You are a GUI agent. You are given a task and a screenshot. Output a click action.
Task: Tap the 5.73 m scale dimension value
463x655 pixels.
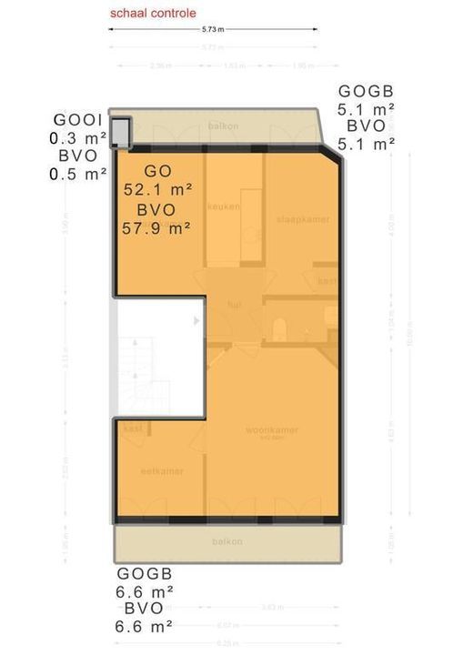[x=213, y=29]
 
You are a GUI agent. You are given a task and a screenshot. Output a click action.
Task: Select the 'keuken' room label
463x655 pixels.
[x=222, y=207]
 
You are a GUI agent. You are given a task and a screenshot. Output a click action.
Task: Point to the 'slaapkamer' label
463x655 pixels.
[x=303, y=219]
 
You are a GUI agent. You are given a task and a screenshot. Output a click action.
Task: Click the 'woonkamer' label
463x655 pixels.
[x=272, y=430]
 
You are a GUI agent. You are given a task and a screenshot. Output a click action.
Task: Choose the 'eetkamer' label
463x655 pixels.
[x=162, y=471]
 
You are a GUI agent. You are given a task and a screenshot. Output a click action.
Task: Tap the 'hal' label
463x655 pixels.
[x=236, y=304]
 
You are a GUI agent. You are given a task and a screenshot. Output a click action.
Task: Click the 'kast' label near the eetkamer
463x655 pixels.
[x=132, y=428]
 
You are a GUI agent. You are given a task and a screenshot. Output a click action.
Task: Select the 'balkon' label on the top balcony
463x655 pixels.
[x=223, y=126]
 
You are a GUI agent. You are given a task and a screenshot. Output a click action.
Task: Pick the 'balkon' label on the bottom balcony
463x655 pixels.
[x=226, y=541]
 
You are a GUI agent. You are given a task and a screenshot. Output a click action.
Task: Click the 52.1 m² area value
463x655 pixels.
[x=156, y=189]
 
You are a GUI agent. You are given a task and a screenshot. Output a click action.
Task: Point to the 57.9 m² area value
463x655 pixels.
[x=156, y=228]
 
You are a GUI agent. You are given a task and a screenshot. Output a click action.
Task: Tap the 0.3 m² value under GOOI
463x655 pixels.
[x=78, y=139]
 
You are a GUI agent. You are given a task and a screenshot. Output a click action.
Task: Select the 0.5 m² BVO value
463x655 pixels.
[x=78, y=175]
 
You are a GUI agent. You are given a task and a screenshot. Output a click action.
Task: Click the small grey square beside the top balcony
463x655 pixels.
[x=120, y=131]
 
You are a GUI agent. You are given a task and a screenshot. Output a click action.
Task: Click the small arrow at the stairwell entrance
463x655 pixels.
[x=197, y=320]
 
